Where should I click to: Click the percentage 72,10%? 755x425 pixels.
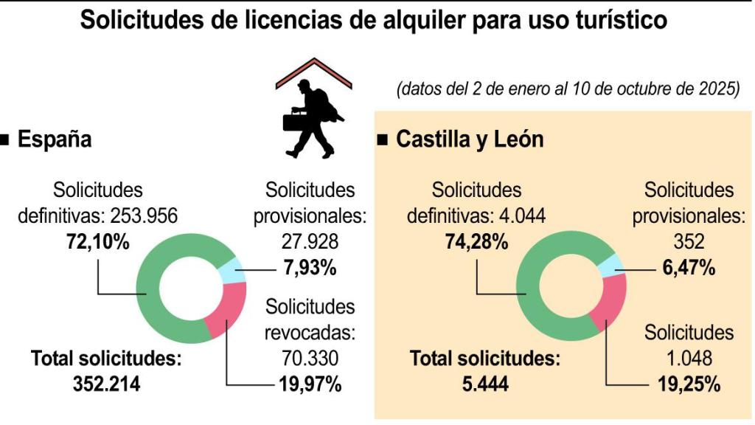click(97, 242)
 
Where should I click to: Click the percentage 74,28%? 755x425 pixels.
click(476, 242)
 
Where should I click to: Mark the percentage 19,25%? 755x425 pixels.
click(689, 384)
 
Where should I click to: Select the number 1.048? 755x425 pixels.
click(688, 359)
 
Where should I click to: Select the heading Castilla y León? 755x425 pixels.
click(470, 139)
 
